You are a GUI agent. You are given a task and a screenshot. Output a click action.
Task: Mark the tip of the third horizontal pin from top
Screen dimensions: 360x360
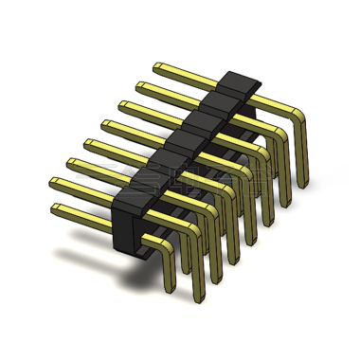click(122, 104)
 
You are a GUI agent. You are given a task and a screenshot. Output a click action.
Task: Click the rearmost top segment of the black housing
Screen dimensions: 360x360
click(240, 81)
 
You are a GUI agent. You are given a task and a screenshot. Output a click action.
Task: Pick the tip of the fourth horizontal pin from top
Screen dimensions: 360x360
click(105, 123)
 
